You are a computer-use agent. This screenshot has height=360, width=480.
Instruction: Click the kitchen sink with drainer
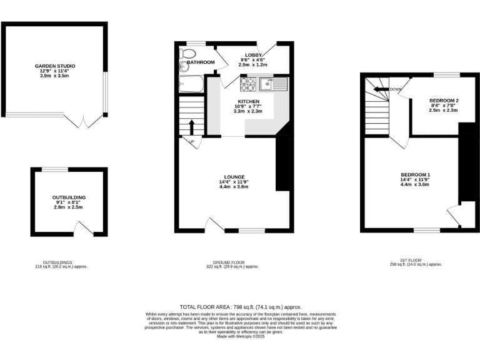pos(274,81)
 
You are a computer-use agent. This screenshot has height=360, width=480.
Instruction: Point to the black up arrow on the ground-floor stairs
pos(192,127)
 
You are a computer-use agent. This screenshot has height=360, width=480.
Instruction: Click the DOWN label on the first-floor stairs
pos(395,89)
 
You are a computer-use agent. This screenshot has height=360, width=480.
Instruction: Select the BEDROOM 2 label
pos(444,101)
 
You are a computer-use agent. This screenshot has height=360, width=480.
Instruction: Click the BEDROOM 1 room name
pos(416,174)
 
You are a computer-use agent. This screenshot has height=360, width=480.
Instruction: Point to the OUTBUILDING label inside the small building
pos(69,197)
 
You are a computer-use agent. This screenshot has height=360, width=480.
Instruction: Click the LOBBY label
pos(253,55)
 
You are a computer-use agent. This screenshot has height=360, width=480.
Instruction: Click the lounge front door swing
pos(216,225)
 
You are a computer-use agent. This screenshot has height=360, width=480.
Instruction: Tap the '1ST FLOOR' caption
pos(416,260)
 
